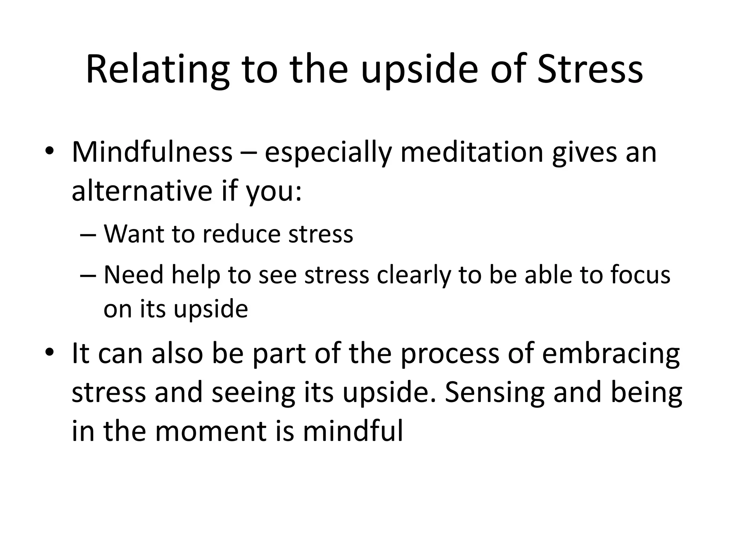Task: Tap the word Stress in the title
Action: point(590,69)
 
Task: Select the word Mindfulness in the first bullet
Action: point(152,152)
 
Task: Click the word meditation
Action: point(472,152)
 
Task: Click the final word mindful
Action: point(353,431)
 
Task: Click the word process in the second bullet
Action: point(450,354)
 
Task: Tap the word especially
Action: point(328,152)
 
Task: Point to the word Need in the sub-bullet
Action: point(133,275)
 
